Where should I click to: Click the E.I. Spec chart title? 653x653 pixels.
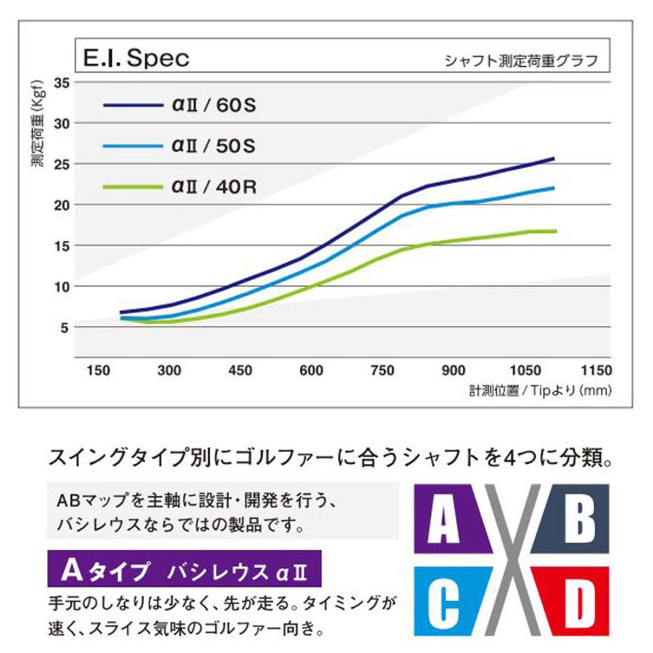coord(136,58)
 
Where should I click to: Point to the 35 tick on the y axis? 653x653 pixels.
coord(62,83)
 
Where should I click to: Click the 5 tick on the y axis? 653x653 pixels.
coord(64,327)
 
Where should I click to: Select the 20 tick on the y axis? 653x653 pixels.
coord(62,205)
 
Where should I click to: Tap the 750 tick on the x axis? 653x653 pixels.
coord(382,370)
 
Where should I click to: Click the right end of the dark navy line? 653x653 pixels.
coord(554,158)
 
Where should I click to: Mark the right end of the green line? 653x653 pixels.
coord(556,231)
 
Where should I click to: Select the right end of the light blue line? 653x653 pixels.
coord(554,187)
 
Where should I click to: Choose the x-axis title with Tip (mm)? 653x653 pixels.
coord(541,390)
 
